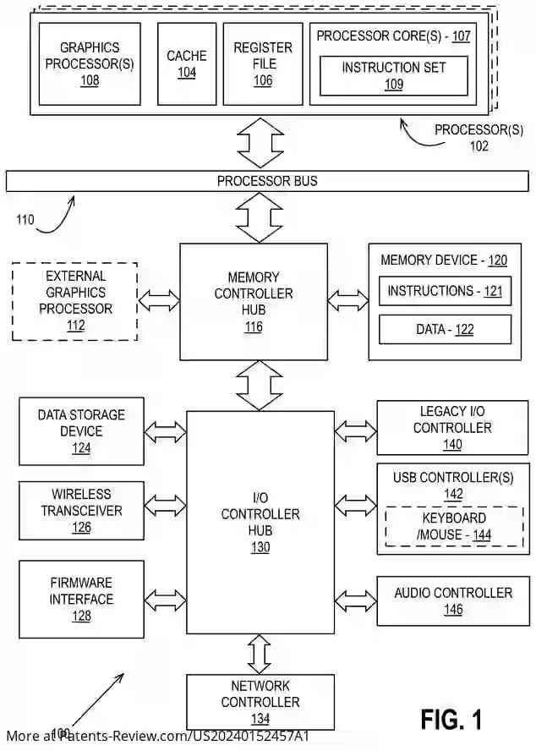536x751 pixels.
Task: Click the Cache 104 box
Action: (x=187, y=63)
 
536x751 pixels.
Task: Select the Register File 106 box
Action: (x=263, y=63)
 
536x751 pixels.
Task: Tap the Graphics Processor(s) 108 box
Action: (x=90, y=63)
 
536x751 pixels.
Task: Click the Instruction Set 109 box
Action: (x=393, y=75)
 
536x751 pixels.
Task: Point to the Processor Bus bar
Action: (x=267, y=181)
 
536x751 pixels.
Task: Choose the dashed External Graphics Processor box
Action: (x=75, y=301)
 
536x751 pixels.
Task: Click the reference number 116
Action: (x=254, y=327)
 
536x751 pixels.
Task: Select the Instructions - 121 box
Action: (x=445, y=291)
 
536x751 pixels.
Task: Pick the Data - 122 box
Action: (x=445, y=329)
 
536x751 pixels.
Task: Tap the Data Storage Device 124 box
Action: (x=81, y=430)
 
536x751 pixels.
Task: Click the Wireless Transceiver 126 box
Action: (x=81, y=511)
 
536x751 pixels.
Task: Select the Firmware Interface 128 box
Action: (x=81, y=599)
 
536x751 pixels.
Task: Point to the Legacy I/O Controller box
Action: (x=452, y=428)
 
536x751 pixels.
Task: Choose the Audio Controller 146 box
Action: (x=453, y=600)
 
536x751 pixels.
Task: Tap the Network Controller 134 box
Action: (x=260, y=702)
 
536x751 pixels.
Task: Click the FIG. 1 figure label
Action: (x=451, y=720)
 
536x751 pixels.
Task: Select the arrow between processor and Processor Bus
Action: (x=260, y=142)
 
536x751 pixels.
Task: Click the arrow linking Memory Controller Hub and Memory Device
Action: (x=348, y=299)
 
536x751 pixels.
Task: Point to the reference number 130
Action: (x=260, y=547)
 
